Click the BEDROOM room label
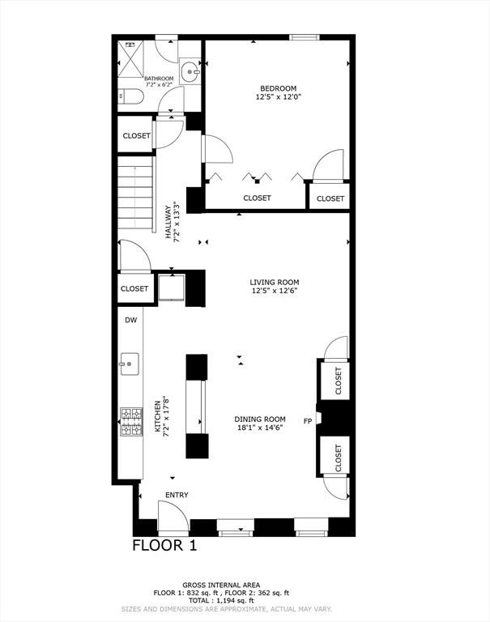(278, 88)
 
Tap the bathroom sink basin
(190, 72)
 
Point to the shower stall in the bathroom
(130, 58)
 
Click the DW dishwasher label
(131, 320)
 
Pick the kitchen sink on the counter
(130, 364)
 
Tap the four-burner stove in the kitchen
(131, 422)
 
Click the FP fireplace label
(308, 421)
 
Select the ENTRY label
(177, 495)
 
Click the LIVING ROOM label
(275, 282)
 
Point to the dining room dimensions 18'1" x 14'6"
(260, 428)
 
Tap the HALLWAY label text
(168, 223)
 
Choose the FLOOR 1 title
(164, 545)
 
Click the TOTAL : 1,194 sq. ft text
(221, 601)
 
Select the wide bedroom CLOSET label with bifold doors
(257, 198)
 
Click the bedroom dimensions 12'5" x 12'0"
(279, 96)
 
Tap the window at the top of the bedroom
(305, 37)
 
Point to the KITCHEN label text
(157, 416)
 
